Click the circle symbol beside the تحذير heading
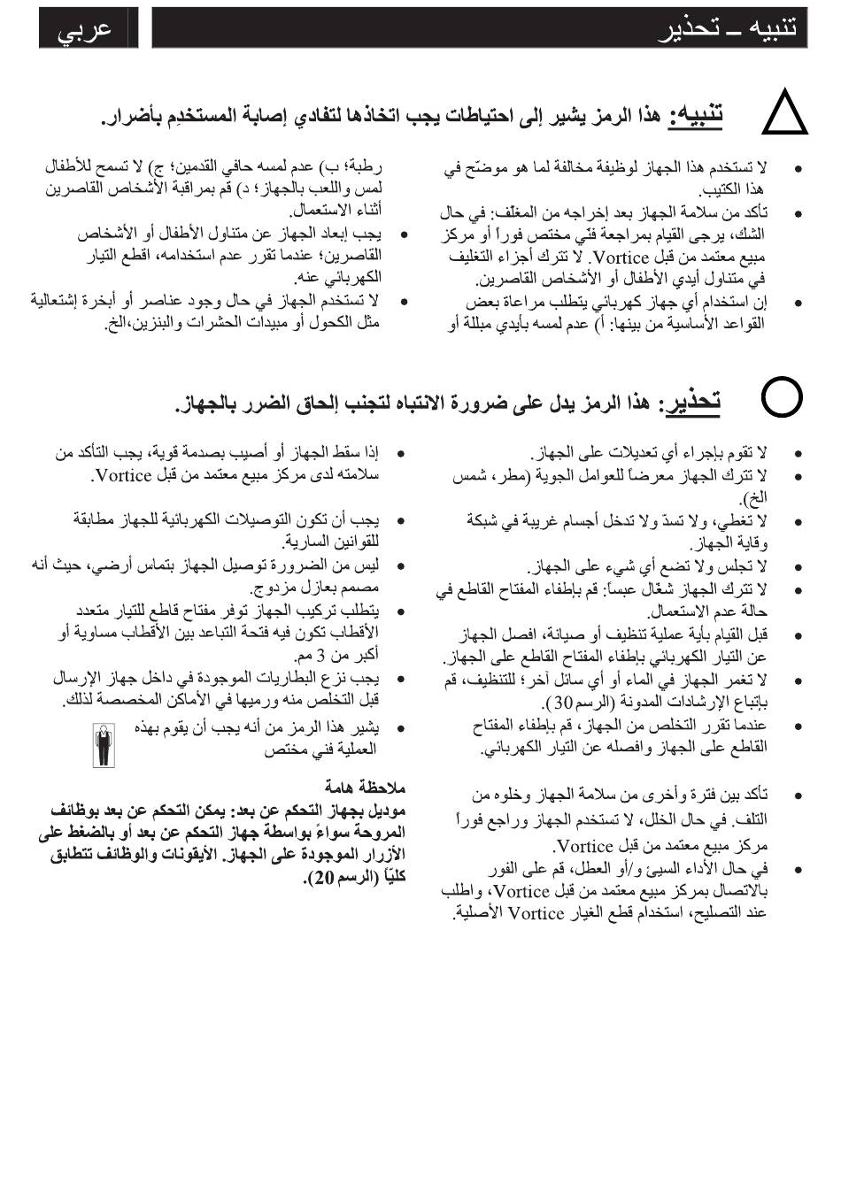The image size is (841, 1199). [783, 398]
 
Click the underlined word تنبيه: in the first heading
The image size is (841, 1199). [697, 115]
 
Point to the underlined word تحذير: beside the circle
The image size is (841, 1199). [691, 402]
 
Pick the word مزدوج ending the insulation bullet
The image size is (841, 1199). [273, 588]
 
